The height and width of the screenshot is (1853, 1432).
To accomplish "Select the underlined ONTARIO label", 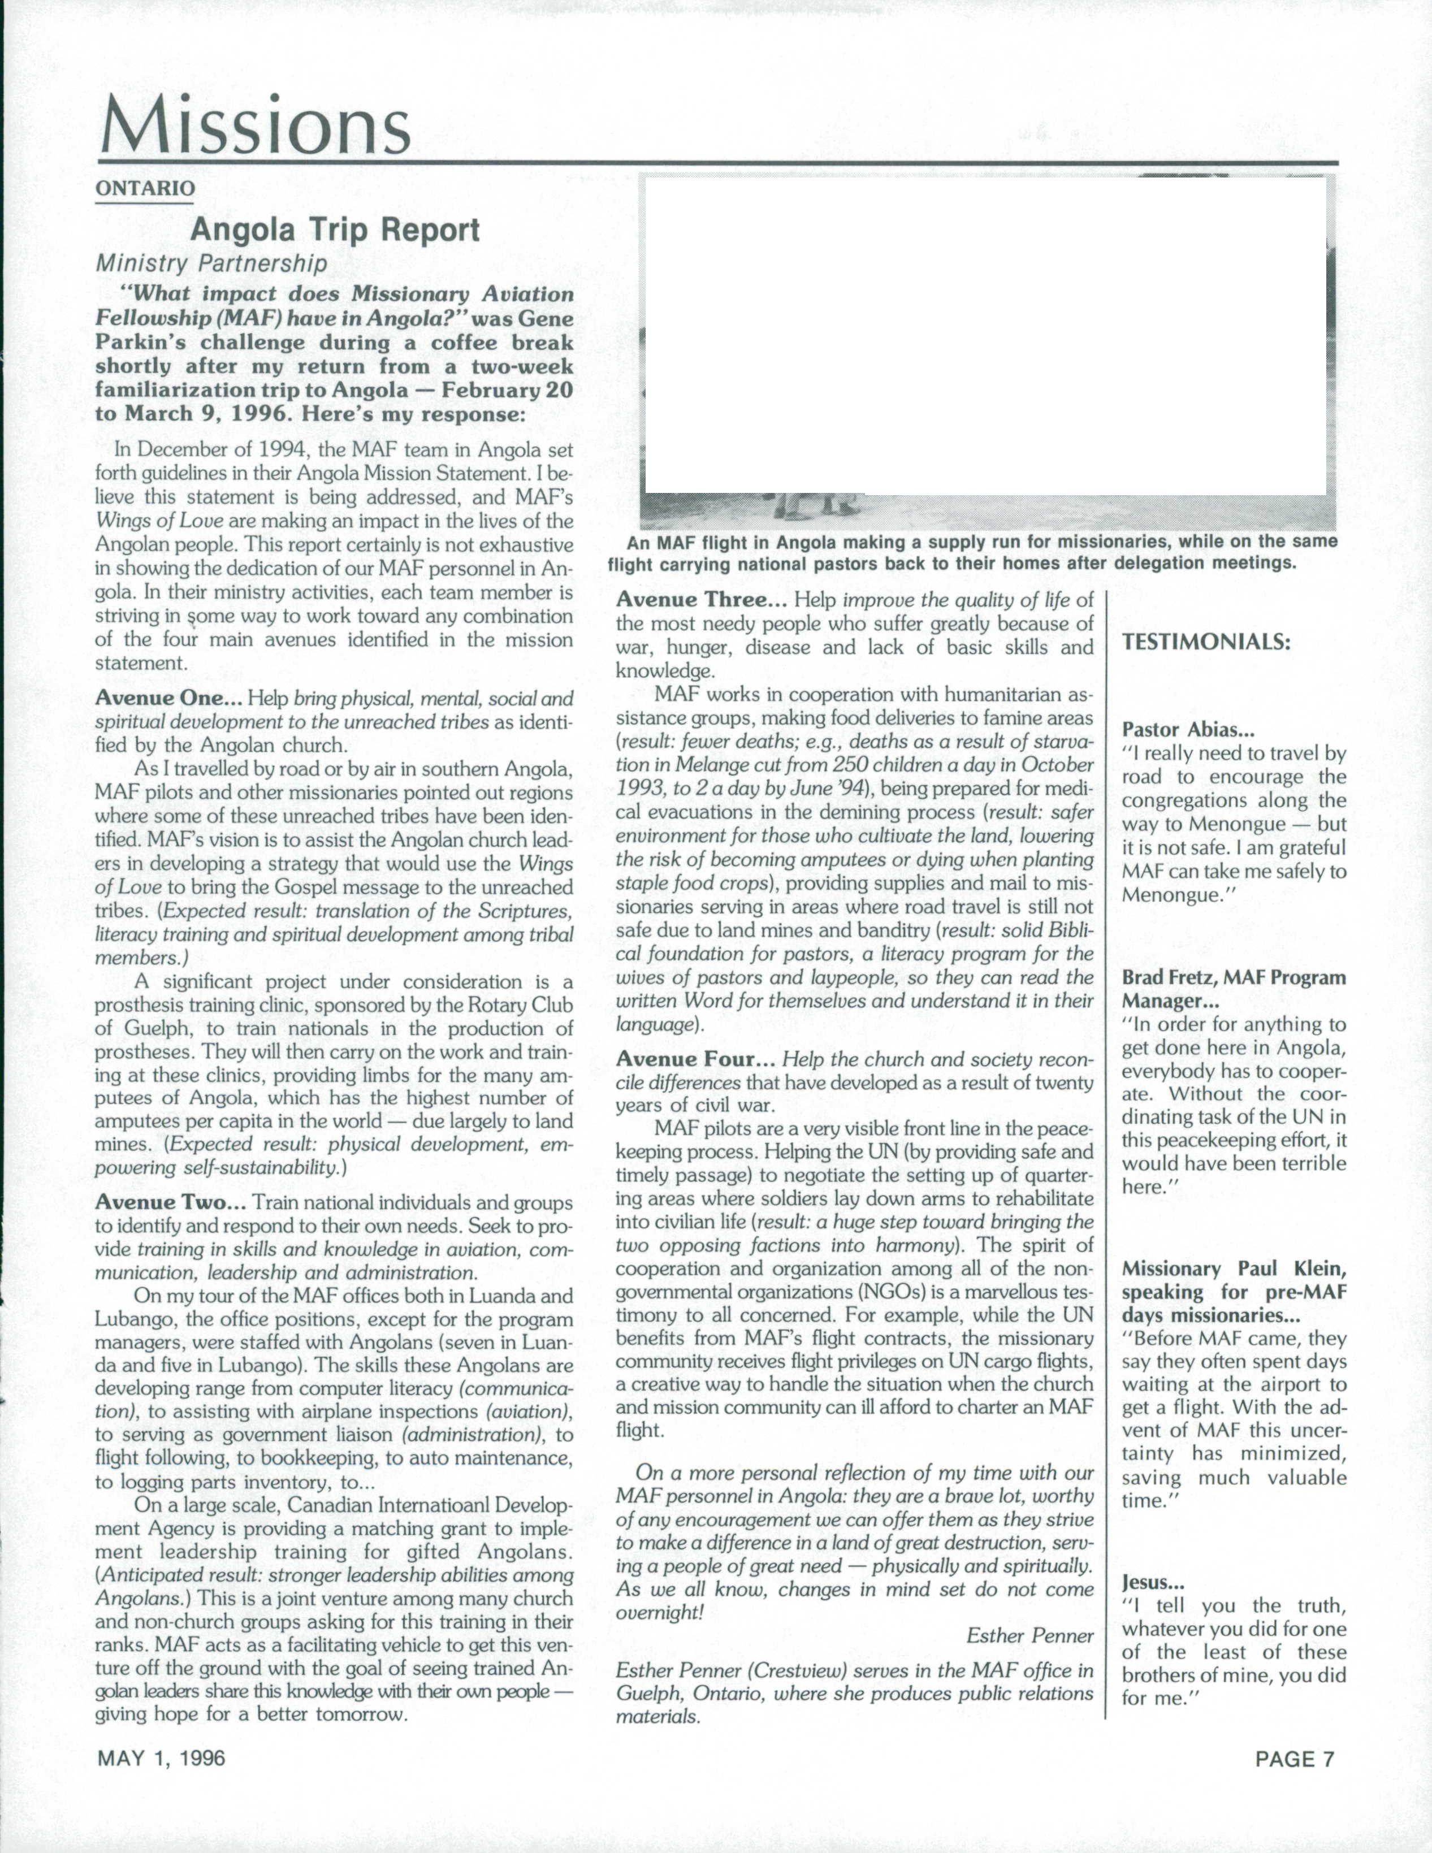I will point(145,188).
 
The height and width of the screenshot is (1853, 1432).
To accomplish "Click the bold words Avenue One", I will point(169,698).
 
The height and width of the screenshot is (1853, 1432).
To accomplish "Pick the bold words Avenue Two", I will point(171,1202).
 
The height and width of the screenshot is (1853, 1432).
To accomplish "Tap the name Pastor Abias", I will point(1188,729).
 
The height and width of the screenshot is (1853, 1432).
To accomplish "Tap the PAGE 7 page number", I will point(1295,1759).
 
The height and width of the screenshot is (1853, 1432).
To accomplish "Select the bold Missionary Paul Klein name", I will point(1234,1268).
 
